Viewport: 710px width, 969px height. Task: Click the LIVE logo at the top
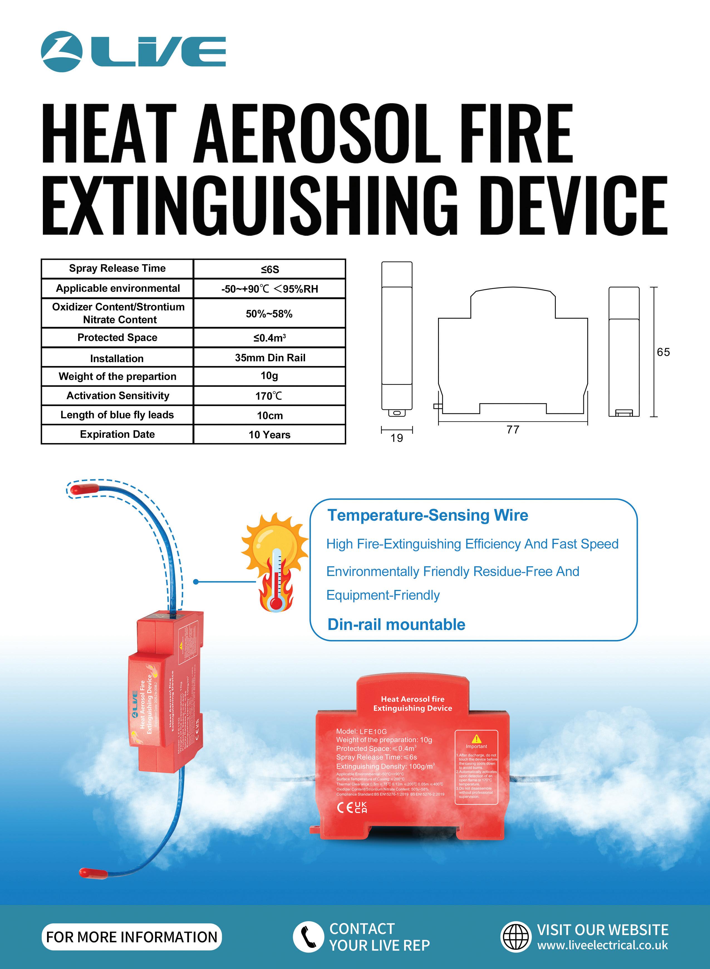[133, 51]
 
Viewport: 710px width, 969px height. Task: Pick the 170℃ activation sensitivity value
[269, 395]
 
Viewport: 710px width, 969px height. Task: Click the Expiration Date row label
[117, 434]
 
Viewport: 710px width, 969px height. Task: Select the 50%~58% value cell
[269, 313]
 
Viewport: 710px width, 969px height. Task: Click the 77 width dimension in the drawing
[513, 429]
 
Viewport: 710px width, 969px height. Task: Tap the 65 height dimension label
[663, 352]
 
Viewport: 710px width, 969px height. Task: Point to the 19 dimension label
[397, 438]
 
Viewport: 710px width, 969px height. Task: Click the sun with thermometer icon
[274, 560]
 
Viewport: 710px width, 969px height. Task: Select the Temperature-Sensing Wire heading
[428, 515]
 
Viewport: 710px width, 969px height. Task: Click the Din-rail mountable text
[396, 624]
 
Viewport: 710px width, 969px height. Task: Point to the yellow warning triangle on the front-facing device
[476, 739]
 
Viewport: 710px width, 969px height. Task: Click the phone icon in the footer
[308, 936]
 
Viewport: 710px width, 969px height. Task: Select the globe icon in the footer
[516, 936]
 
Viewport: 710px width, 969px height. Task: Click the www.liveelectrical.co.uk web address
[603, 945]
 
